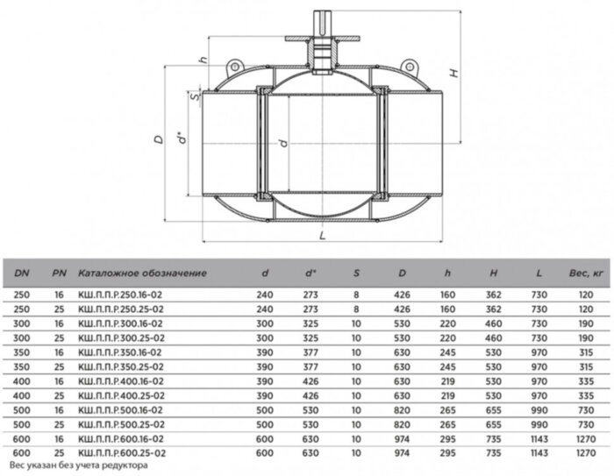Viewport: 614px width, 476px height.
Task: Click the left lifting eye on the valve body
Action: pyautogui.click(x=234, y=67)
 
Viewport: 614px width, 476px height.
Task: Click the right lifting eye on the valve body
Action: pyautogui.click(x=409, y=67)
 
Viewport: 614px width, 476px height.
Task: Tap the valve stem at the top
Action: pyautogui.click(x=322, y=24)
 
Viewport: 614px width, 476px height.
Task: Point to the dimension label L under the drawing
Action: pyautogui.click(x=322, y=235)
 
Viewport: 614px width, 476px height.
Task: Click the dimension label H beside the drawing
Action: pyautogui.click(x=453, y=74)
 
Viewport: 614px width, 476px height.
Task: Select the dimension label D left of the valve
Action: pyautogui.click(x=159, y=139)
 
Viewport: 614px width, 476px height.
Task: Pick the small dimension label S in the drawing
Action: pyautogui.click(x=195, y=95)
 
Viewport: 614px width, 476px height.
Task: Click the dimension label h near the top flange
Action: pyautogui.click(x=203, y=60)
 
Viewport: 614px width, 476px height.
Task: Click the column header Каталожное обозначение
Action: pyautogui.click(x=142, y=273)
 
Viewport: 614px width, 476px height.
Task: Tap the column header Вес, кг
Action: pyautogui.click(x=586, y=274)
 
